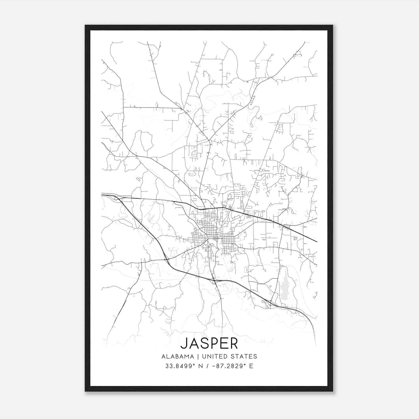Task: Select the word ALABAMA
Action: coord(178,356)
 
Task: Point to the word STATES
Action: coord(244,356)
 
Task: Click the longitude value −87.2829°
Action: coord(230,366)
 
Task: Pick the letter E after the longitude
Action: coord(251,366)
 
